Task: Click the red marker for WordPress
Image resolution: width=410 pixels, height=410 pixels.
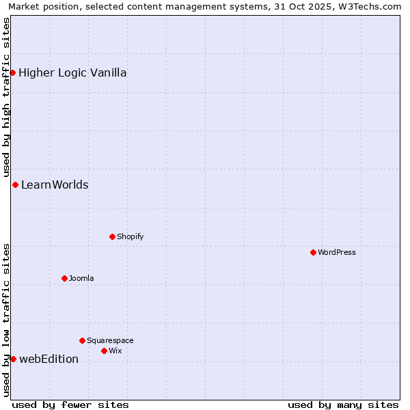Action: pos(313,252)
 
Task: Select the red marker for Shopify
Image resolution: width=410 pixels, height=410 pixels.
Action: pos(112,236)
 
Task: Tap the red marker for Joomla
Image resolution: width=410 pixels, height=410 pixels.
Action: pos(64,278)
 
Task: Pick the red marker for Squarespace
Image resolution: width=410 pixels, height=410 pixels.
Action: pos(82,340)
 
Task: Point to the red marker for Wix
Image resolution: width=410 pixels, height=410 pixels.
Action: pos(104,351)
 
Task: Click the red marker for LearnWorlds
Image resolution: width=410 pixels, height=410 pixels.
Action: pos(15,184)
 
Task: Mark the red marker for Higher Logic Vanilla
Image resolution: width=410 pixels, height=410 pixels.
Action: pos(12,72)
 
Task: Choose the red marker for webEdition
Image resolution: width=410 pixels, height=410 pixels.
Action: pos(13,359)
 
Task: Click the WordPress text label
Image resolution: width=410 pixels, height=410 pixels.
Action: pos(337,252)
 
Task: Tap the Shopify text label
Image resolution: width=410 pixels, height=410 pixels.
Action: pos(130,236)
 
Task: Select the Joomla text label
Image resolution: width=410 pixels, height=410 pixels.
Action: pos(81,278)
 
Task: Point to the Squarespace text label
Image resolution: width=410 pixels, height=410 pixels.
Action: pos(110,340)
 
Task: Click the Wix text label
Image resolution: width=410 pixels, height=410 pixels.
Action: pos(115,351)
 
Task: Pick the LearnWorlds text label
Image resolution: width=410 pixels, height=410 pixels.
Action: pos(55,184)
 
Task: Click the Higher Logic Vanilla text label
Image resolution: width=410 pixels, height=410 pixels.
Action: pos(72,72)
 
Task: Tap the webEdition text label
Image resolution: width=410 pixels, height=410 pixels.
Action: pos(49,359)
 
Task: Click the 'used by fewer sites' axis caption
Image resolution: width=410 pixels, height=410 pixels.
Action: pos(70,405)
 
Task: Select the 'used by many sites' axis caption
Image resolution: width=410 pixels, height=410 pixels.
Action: pos(343,405)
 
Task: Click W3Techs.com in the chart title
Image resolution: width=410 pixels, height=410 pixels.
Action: pos(372,6)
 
